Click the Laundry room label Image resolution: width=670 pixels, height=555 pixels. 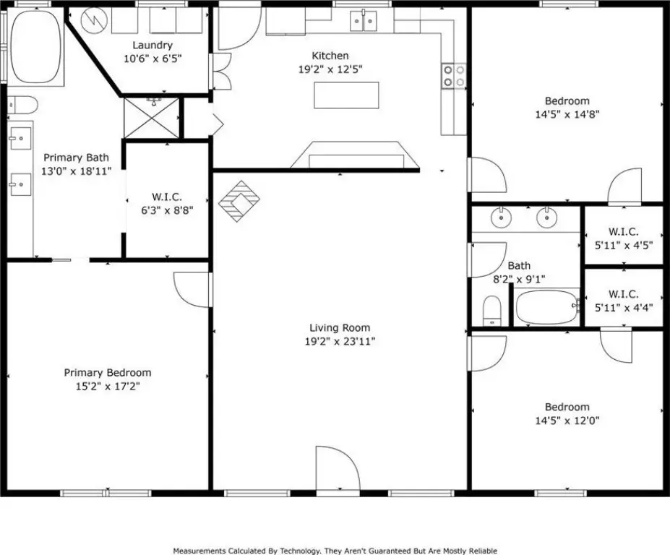(153, 46)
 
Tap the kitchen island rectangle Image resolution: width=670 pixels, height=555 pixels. (346, 95)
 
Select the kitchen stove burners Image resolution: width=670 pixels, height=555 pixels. (454, 76)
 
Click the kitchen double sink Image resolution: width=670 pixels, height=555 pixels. (364, 20)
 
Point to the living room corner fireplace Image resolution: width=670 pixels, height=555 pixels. (239, 201)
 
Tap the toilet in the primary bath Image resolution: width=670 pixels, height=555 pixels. (22, 105)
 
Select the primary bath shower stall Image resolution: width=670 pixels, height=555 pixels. (152, 119)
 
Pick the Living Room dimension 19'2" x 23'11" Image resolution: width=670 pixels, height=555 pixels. (340, 341)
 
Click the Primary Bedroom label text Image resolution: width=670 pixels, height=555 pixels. (108, 373)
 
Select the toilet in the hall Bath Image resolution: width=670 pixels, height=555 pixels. (491, 311)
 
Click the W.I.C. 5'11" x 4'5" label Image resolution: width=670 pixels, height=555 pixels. (624, 238)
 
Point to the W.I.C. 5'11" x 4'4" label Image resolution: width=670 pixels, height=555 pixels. (624, 301)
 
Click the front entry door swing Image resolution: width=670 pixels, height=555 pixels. (338, 469)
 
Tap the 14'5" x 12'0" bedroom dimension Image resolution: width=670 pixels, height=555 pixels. (567, 421)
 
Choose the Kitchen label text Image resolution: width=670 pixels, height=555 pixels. (330, 56)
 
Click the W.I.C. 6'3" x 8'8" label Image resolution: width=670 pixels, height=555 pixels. (167, 204)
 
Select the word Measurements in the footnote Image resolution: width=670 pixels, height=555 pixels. (199, 551)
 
